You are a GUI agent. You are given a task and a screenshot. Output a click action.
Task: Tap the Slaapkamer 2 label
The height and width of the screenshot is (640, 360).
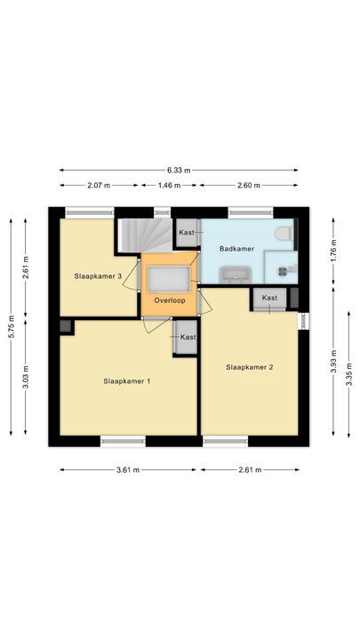coord(248,366)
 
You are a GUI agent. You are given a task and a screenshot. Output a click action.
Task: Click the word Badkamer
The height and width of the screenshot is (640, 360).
coord(237,250)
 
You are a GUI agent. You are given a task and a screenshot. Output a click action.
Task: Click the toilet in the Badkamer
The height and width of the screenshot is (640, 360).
coord(284,234)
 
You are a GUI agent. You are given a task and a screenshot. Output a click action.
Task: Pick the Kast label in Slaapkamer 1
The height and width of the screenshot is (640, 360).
coord(188,338)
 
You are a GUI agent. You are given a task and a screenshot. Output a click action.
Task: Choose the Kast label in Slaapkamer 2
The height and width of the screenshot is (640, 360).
coord(269,298)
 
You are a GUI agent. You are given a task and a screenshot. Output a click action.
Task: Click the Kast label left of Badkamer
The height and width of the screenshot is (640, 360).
coord(187,232)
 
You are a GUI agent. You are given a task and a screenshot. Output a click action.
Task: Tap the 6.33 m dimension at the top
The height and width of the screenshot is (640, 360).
coord(178,169)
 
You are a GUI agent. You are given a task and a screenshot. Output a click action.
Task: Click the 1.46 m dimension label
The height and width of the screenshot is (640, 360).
coord(169,186)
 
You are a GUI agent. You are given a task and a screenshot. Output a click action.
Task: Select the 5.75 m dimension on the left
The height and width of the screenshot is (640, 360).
coord(12,327)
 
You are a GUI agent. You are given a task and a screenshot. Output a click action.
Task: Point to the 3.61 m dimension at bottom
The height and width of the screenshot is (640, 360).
coord(127,469)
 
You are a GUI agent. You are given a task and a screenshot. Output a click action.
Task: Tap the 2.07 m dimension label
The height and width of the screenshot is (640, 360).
coord(98,186)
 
